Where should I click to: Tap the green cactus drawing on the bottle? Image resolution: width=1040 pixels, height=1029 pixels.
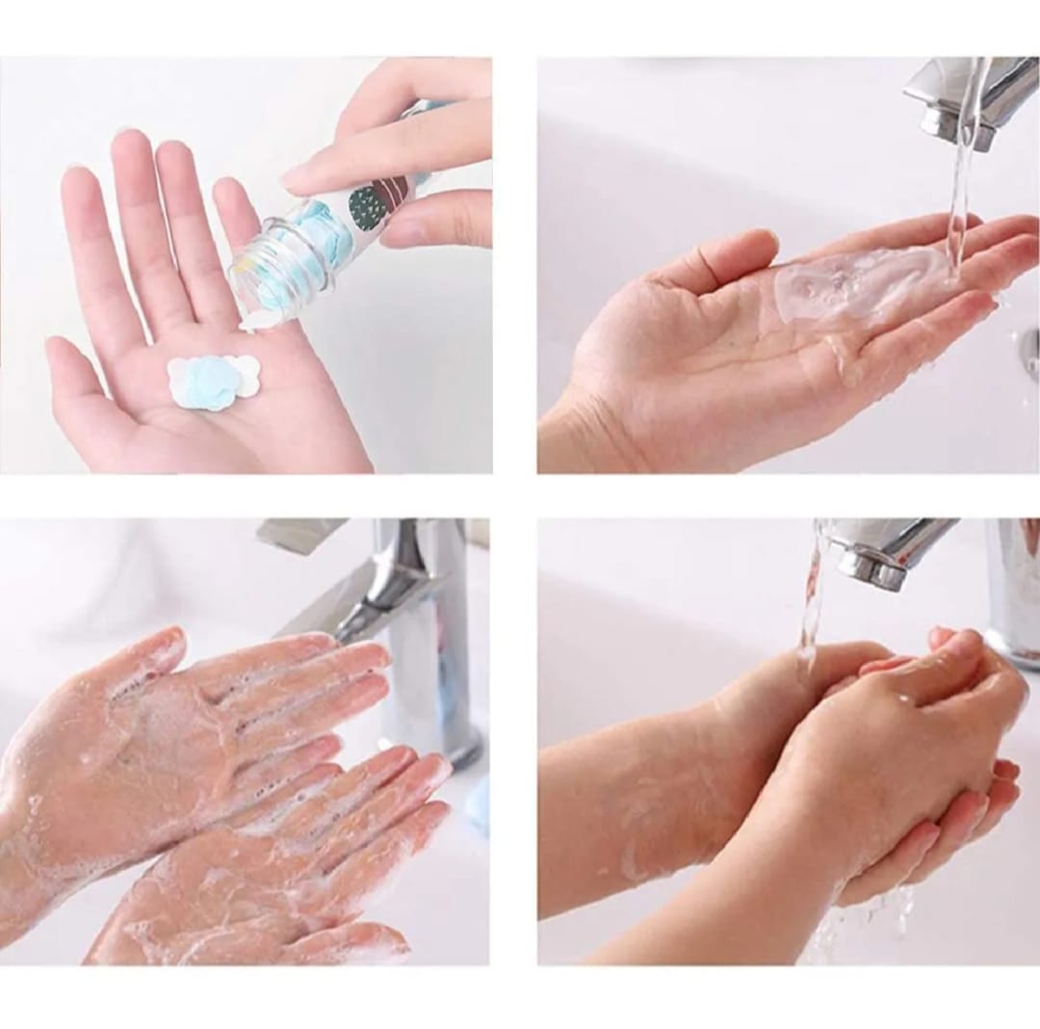[366, 206]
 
